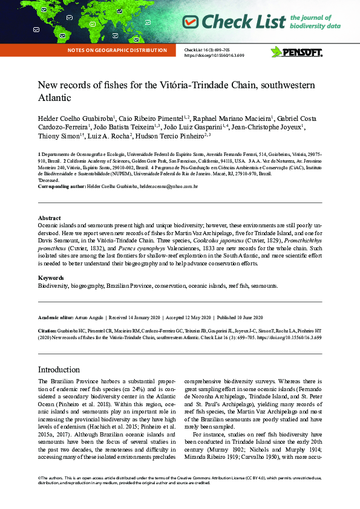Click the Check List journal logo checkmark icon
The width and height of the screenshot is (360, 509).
pyautogui.click(x=191, y=22)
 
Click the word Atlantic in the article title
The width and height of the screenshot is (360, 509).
pyautogui.click(x=54, y=97)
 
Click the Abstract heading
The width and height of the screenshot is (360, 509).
pyautogui.click(x=49, y=218)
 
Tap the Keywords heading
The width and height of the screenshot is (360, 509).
pyautogui.click(x=51, y=277)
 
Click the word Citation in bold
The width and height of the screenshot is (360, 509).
pyautogui.click(x=47, y=331)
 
